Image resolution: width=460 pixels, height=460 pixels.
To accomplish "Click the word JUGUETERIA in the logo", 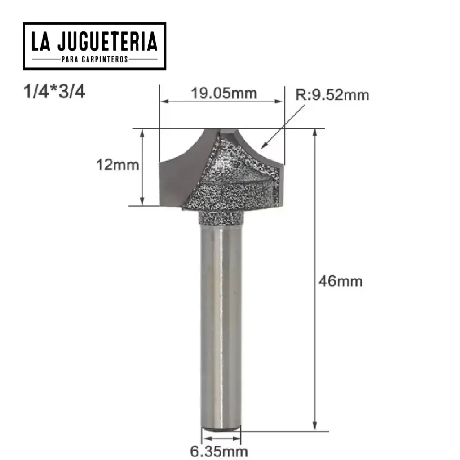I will (x=107, y=42).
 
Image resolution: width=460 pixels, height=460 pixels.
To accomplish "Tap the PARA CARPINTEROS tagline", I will (x=95, y=59).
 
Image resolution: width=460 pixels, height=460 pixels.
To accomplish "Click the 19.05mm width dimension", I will (x=224, y=93).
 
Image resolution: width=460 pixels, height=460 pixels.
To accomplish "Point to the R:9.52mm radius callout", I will (x=332, y=95).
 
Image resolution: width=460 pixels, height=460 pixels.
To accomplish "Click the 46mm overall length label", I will (x=340, y=282).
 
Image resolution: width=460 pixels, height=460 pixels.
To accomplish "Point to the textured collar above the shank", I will (x=221, y=218).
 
